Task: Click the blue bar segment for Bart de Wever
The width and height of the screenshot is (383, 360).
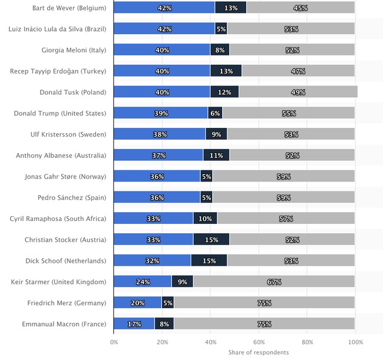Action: click(x=164, y=8)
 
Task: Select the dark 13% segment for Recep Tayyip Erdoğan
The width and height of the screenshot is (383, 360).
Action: click(x=226, y=71)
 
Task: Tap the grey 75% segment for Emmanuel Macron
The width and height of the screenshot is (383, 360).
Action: click(x=264, y=323)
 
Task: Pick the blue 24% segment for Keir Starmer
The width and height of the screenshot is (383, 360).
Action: click(x=143, y=282)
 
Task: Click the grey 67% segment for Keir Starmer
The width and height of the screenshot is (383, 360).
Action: click(x=274, y=282)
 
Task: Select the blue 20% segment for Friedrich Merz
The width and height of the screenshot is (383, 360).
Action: click(x=138, y=303)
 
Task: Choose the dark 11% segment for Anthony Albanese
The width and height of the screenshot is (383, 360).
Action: click(x=216, y=156)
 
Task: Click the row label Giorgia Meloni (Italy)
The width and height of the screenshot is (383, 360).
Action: click(x=74, y=50)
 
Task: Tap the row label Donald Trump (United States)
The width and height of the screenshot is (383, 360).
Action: click(x=60, y=113)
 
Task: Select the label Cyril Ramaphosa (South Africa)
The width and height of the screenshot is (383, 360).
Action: click(x=58, y=219)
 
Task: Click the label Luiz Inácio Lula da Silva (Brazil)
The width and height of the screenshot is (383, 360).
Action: click(x=58, y=29)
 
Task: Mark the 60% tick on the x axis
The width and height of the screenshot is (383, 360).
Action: click(x=259, y=341)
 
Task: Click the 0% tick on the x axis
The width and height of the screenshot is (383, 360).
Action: click(x=114, y=341)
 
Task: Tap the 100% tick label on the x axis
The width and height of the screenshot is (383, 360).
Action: click(x=355, y=341)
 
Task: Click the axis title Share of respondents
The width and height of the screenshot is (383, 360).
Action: click(x=259, y=352)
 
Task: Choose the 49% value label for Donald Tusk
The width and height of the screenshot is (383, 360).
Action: click(x=298, y=93)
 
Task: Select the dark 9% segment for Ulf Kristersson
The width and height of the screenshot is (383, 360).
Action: click(x=216, y=134)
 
